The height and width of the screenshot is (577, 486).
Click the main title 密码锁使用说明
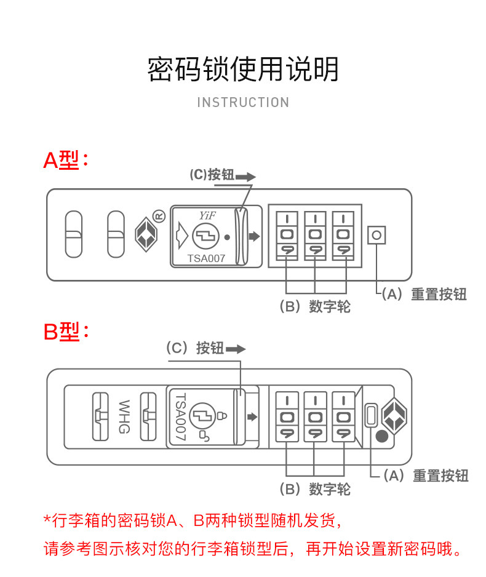[243, 70]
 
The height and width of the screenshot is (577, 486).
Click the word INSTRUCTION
[243, 103]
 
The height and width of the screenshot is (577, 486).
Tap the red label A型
[62, 161]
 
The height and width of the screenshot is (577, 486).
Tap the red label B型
[62, 333]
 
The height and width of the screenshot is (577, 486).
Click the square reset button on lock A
[376, 234]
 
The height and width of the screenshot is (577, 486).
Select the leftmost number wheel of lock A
[287, 234]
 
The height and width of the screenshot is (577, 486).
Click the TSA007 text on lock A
[206, 259]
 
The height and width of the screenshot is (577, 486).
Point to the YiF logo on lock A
[206, 215]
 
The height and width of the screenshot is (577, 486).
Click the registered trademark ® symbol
[159, 216]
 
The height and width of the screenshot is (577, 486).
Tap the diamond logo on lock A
[146, 234]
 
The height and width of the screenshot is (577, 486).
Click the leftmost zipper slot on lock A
[74, 234]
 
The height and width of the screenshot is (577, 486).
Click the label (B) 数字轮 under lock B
[315, 490]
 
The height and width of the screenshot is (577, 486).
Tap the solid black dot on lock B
[382, 437]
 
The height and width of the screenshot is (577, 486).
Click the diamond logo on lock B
[394, 415]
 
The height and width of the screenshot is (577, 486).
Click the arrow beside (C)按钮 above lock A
[245, 177]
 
